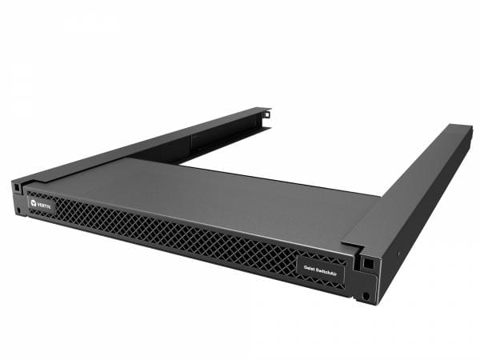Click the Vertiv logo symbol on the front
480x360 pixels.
click(x=33, y=203)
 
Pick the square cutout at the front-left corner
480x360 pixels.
click(x=17, y=186)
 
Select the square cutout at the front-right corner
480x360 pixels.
click(x=368, y=262)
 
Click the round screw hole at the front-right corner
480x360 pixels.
click(x=366, y=295)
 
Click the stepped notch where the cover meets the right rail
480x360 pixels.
click(x=352, y=237)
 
